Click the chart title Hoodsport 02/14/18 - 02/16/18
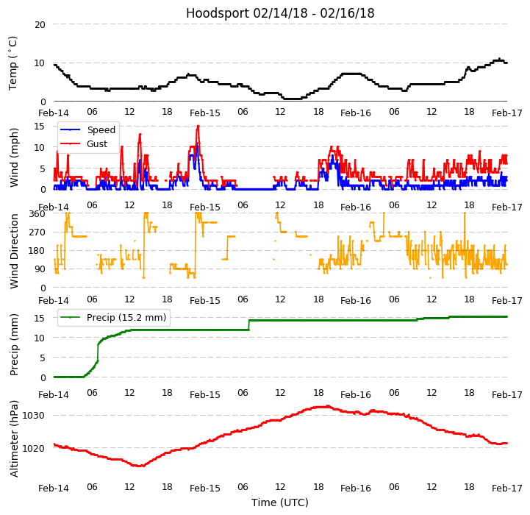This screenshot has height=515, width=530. coord(280,13)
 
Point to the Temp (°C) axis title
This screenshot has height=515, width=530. coord(13,63)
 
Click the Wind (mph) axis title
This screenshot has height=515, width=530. coord(15,157)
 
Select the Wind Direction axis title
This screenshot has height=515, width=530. coord(15,250)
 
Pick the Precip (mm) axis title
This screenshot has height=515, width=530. coord(15,344)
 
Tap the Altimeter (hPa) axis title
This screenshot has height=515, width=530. coord(15,438)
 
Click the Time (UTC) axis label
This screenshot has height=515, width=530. coord(280,502)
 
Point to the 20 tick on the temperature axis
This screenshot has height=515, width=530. coord(40,24)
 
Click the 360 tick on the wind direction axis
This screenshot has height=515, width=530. coord(37,213)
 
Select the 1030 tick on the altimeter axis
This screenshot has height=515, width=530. coord(34,415)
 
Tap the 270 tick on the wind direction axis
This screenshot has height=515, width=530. coord(37,232)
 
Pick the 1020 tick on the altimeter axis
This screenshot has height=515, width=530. coord(34,448)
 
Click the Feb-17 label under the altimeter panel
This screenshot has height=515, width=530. coord(507,489)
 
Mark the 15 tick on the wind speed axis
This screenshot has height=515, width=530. coord(40,126)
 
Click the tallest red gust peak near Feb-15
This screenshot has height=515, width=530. coord(198,127)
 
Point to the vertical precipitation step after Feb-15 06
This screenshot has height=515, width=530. coord(249,324)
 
